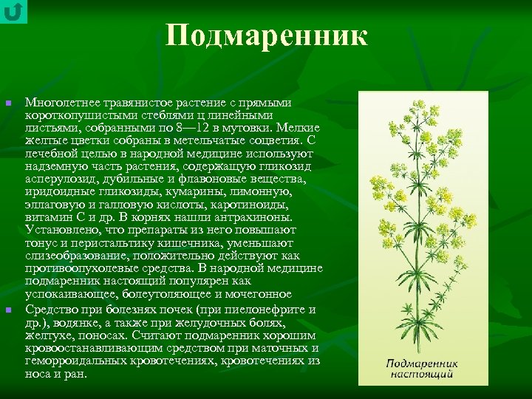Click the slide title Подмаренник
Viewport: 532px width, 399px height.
[266, 35]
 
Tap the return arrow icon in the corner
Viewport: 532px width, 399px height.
[13, 12]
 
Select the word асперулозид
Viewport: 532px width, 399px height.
[58, 179]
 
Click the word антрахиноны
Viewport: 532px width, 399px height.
[255, 217]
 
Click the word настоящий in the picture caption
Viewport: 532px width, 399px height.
[422, 375]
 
